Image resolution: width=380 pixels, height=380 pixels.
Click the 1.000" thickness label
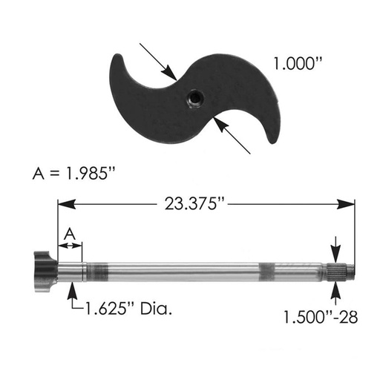[x=298, y=63]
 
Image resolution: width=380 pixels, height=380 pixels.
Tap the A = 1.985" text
[x=74, y=173]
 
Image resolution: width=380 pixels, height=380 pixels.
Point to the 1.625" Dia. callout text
[x=128, y=309]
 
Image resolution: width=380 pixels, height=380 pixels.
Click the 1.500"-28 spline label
[x=321, y=317]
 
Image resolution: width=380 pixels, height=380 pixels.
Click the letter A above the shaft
[x=70, y=234]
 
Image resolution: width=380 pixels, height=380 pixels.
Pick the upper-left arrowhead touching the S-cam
[x=169, y=73]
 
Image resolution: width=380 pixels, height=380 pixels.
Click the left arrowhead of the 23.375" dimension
[x=66, y=204]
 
